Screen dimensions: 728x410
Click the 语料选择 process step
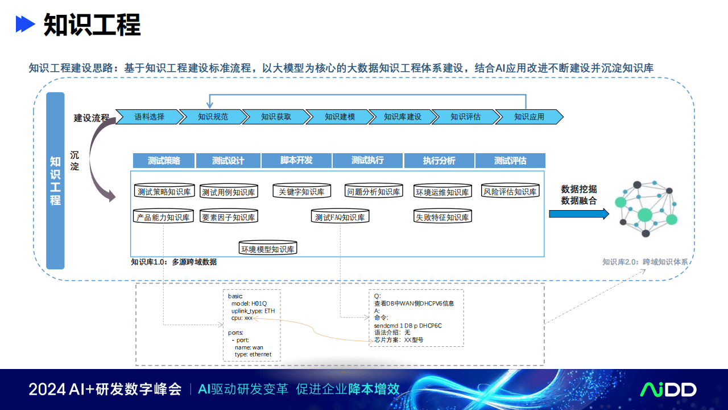tap(150, 117)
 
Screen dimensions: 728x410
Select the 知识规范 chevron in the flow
tap(213, 117)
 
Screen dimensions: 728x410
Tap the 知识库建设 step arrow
tap(402, 117)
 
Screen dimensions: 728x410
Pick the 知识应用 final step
tap(529, 117)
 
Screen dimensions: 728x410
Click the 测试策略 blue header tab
tap(164, 161)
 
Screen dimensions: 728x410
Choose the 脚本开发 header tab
tap(296, 161)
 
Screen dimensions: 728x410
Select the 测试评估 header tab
tap(510, 161)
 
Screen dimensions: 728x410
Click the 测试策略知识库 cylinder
tap(164, 191)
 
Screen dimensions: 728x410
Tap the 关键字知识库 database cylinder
tap(301, 191)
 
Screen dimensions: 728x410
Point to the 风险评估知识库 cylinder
tap(510, 191)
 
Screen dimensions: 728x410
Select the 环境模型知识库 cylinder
tap(268, 248)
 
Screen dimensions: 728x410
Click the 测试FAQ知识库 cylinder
tap(340, 216)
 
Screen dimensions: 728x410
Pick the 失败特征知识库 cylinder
tap(442, 216)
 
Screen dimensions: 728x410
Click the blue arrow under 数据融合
tap(579, 214)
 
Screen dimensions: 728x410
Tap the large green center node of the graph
tap(645, 215)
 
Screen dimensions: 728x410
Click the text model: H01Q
tap(249, 304)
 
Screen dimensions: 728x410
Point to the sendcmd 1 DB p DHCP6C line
tap(408, 325)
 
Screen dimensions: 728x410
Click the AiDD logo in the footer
tap(668, 389)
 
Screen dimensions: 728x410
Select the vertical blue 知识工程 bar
tap(55, 181)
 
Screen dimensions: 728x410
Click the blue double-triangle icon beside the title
tap(26, 24)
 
